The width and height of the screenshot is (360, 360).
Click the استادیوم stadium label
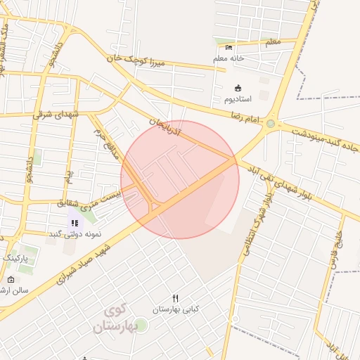point(238,100)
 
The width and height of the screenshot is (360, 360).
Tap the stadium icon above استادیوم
point(238,89)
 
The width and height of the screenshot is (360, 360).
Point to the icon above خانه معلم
point(229,47)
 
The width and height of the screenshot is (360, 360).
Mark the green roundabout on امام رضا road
point(271,124)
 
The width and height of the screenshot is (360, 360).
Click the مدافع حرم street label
point(103,141)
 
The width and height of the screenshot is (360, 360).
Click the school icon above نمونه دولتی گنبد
point(75,223)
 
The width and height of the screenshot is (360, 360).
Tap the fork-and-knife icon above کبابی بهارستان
point(176,298)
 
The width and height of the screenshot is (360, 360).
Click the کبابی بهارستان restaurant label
point(176,309)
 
